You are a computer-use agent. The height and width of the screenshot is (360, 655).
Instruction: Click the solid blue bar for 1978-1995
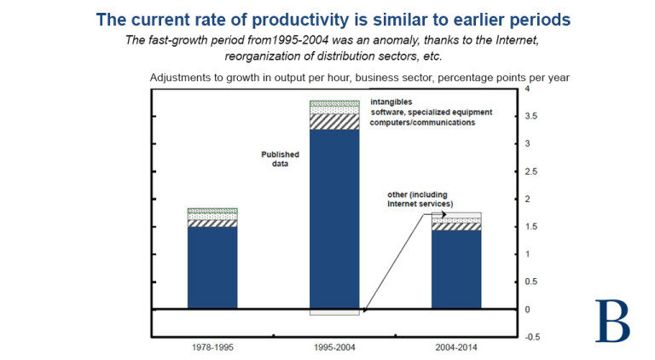tap(212, 267)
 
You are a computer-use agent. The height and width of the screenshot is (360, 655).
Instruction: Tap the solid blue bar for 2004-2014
tap(456, 270)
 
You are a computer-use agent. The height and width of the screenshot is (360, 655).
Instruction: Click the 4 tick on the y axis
tap(528, 89)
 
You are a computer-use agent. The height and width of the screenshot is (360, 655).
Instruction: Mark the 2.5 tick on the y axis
tap(531, 171)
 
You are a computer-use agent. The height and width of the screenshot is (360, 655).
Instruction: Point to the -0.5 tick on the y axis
tap(533, 336)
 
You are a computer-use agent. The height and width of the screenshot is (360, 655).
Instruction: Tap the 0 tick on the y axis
tap(528, 309)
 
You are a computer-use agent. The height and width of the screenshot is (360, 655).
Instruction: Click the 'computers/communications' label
tap(422, 123)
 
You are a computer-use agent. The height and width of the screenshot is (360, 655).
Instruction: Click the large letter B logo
tap(612, 320)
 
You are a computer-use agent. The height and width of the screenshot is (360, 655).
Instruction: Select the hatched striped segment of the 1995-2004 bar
tap(334, 122)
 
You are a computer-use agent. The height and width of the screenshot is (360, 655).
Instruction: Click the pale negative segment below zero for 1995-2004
tap(334, 311)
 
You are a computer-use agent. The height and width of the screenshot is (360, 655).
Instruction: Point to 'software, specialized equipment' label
tap(428, 113)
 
